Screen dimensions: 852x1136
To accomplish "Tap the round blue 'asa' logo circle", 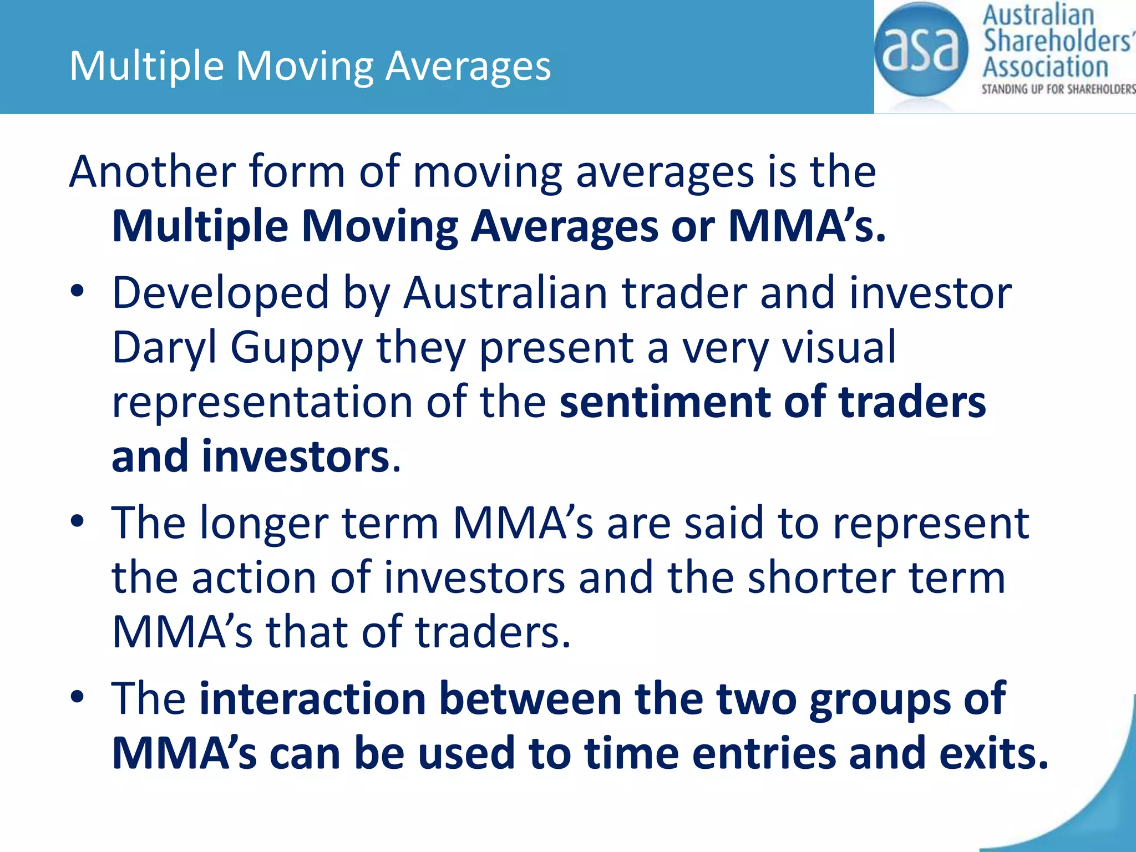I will [x=920, y=50].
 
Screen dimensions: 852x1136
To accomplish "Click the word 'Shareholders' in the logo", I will [x=1057, y=41].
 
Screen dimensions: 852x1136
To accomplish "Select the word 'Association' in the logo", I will [x=1046, y=67].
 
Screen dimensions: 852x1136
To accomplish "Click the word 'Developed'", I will [x=221, y=293].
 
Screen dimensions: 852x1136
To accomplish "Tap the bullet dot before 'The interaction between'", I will [x=77, y=696].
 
